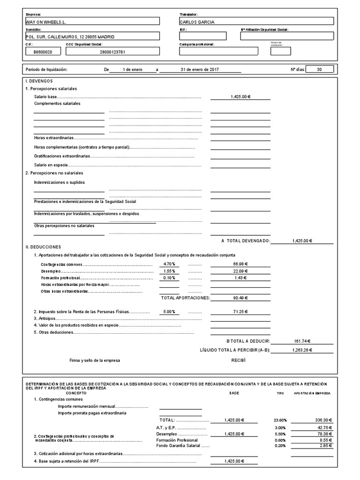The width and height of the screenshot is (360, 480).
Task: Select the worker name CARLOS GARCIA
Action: coord(197,22)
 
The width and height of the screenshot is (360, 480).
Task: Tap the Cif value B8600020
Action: coord(43,52)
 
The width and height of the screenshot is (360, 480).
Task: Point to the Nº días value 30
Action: coord(320,69)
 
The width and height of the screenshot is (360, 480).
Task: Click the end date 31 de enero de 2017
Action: coord(199,69)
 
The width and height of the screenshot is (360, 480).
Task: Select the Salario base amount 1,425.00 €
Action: coord(240,97)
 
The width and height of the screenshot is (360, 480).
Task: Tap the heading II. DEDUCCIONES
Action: coord(43,247)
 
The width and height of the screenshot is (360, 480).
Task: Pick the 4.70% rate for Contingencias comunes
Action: coord(169,264)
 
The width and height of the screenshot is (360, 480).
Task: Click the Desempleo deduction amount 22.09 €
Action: coord(240,271)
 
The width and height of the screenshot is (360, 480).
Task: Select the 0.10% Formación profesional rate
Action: coord(169,277)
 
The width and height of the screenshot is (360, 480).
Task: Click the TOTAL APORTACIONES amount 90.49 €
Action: coord(240,297)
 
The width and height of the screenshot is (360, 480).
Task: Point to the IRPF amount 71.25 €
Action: coord(240,312)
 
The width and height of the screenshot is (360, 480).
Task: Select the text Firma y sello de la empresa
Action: coord(95,360)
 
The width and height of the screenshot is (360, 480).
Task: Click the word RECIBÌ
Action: coord(238,360)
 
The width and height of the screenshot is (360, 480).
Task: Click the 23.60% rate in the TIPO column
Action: coord(280,420)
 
